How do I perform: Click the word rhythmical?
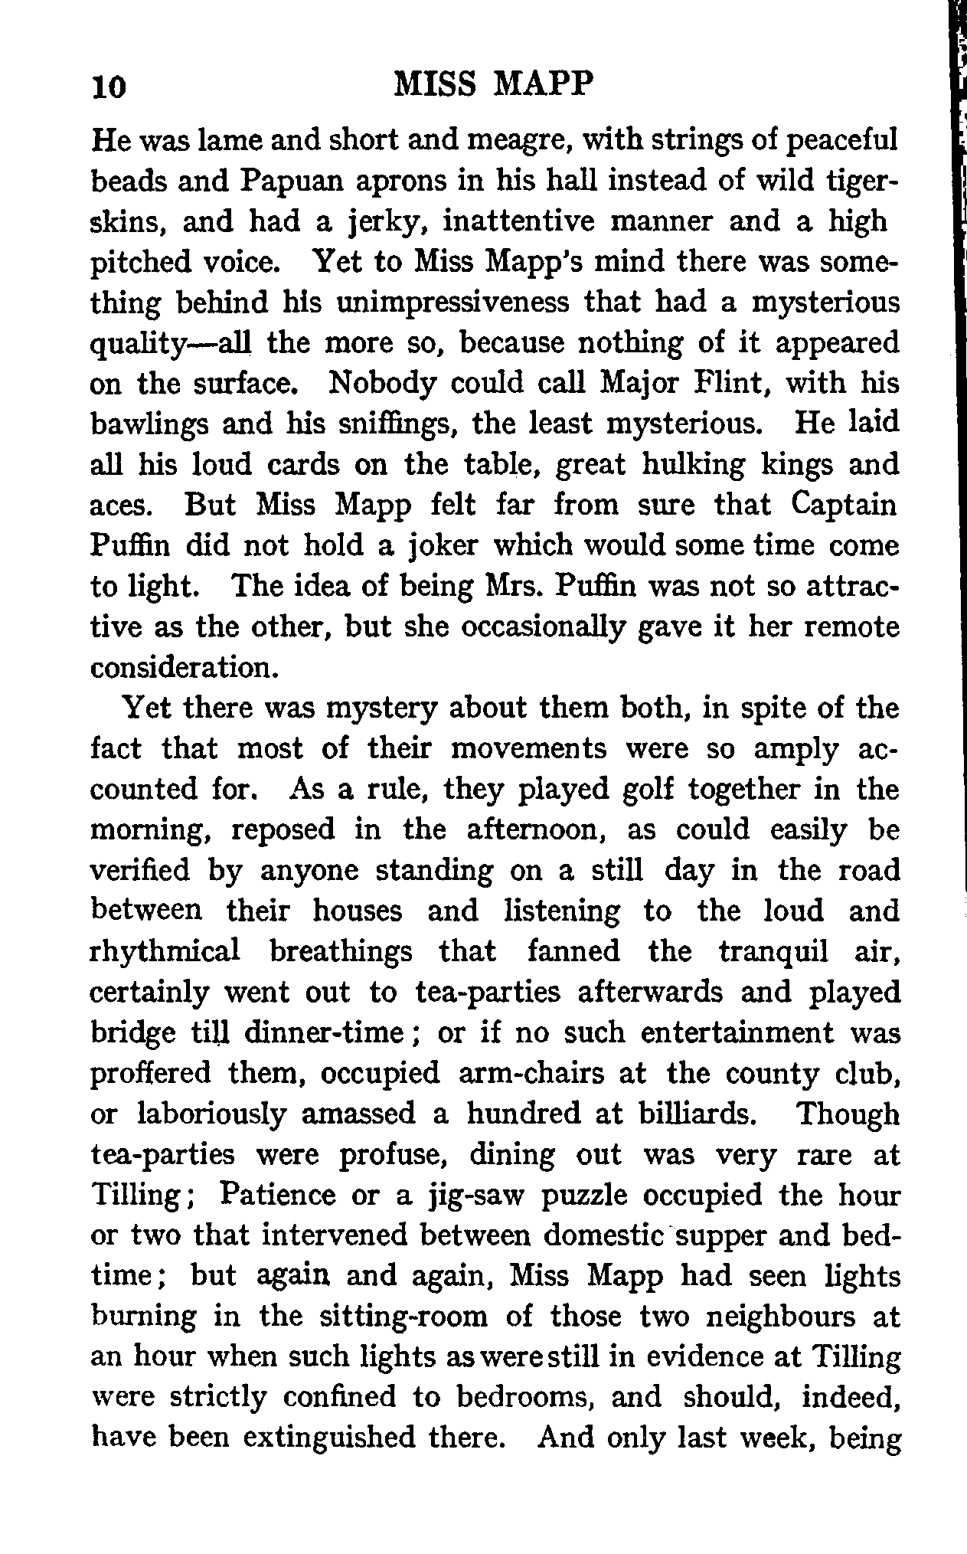165,951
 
